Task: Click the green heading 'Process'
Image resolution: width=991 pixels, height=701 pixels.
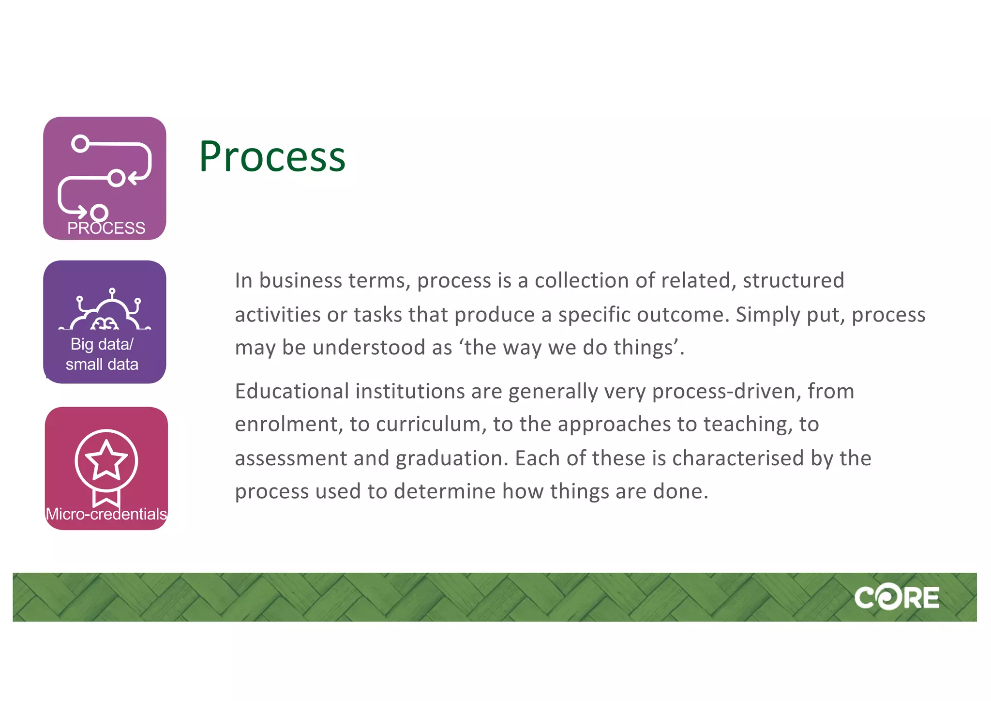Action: tap(272, 156)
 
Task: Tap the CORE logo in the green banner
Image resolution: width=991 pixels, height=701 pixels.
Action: tap(896, 598)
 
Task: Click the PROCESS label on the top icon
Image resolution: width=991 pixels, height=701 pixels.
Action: tap(106, 228)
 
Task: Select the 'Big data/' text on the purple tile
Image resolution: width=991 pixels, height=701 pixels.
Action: tap(102, 344)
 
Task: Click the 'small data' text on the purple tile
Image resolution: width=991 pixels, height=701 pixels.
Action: tap(102, 365)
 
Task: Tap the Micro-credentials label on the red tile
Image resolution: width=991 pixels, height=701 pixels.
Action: tap(106, 514)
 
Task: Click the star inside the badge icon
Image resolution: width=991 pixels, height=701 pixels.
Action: tap(106, 460)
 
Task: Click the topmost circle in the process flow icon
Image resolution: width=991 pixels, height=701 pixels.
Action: tap(80, 144)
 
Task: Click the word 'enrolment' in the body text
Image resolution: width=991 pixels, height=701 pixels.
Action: tap(288, 425)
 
